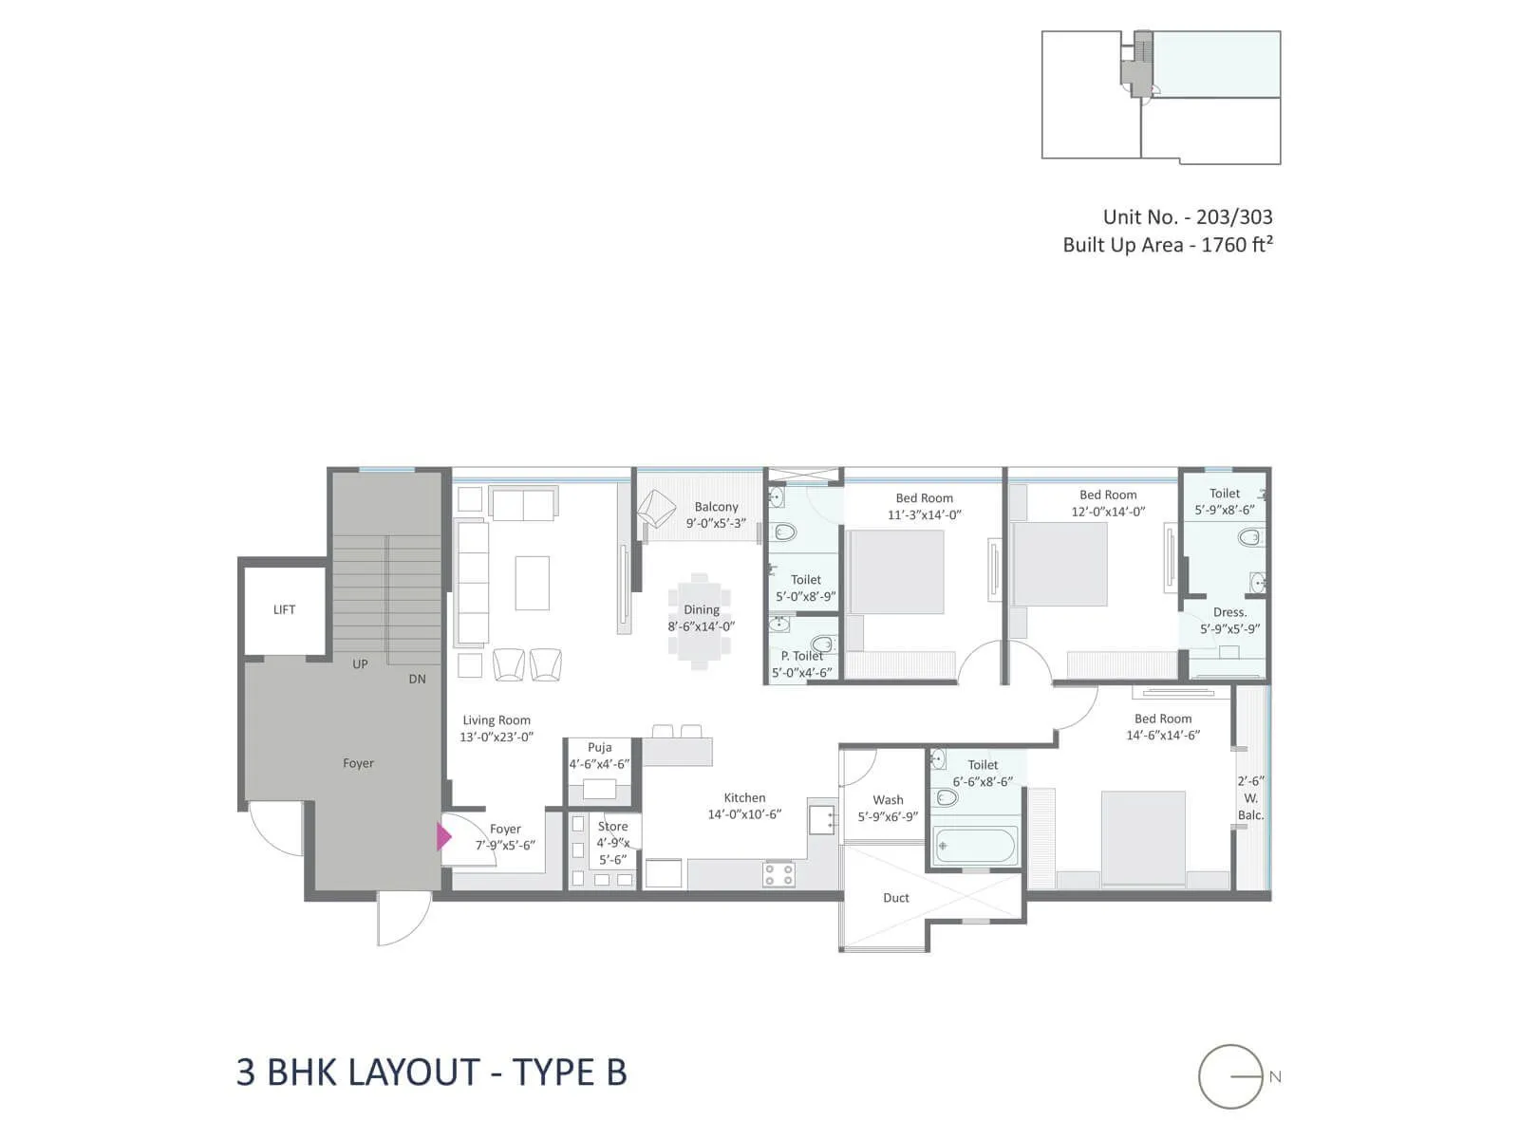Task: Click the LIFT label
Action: point(284,609)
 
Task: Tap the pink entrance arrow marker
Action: point(443,836)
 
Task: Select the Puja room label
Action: point(599,747)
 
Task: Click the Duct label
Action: point(895,897)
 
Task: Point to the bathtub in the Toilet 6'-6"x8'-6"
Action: point(975,845)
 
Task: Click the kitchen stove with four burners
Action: point(779,874)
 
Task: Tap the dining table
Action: point(700,622)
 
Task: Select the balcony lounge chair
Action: point(656,510)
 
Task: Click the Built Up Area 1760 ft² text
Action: point(1167,245)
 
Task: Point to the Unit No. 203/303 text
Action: point(1187,216)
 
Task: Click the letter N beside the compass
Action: point(1275,1076)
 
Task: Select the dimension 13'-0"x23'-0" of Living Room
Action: point(497,737)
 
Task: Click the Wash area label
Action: point(888,799)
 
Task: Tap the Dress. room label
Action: point(1229,612)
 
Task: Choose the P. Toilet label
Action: point(802,656)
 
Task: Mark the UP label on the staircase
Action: point(360,663)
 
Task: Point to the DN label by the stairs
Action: point(417,679)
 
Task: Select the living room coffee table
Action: point(532,583)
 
